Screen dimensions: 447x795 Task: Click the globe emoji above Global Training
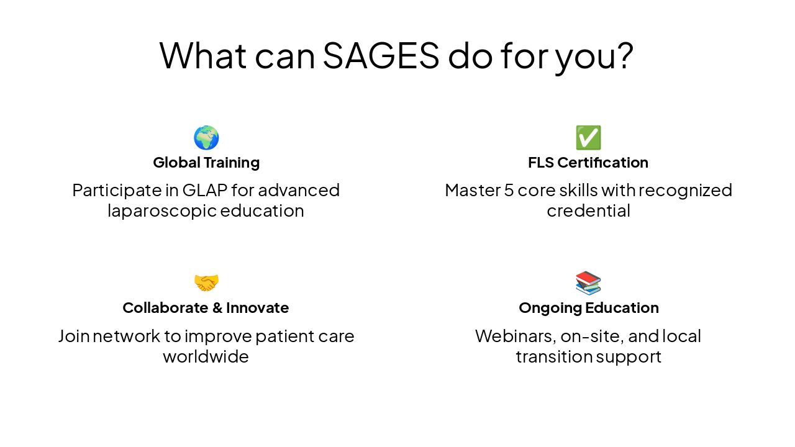(206, 138)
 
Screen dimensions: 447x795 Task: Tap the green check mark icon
(588, 138)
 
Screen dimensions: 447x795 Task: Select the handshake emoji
(206, 283)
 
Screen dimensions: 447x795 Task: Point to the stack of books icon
(588, 283)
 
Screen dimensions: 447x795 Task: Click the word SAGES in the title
(381, 55)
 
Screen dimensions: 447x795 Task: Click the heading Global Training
(206, 163)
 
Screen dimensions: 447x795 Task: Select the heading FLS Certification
(588, 163)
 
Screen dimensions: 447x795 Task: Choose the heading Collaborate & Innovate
(206, 308)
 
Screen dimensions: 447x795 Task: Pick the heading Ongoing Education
(588, 308)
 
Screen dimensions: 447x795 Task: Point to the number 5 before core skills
(508, 190)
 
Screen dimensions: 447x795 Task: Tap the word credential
(588, 211)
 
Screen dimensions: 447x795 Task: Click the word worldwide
(206, 357)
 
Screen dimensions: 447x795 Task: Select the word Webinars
(515, 336)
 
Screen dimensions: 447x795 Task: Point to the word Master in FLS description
(472, 190)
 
